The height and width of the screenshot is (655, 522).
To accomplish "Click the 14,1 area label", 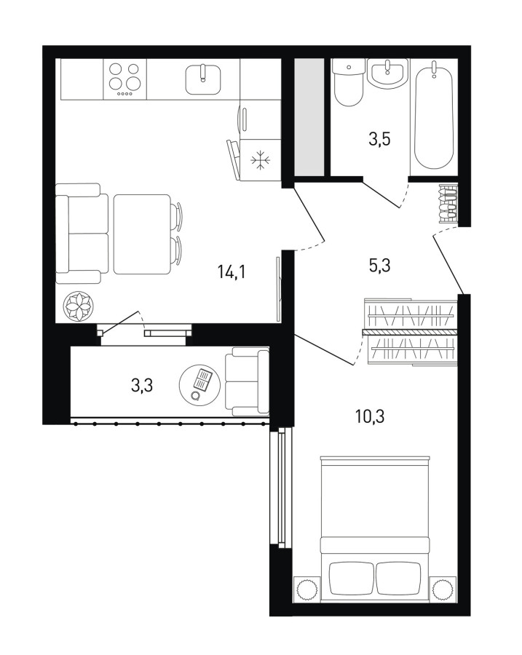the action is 231,272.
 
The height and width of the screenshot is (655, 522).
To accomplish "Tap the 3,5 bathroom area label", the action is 379,139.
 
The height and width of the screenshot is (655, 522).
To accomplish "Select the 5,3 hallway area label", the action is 379,265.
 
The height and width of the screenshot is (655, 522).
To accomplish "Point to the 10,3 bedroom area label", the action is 371,416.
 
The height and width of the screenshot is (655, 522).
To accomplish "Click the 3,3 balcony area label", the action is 142,385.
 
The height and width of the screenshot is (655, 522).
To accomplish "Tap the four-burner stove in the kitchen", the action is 124,79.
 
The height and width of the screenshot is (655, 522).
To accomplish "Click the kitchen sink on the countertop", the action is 203,79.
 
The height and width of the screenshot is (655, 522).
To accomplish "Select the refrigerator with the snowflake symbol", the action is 261,160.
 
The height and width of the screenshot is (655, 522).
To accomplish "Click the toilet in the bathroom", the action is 348,82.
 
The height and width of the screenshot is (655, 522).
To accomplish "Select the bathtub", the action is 434,115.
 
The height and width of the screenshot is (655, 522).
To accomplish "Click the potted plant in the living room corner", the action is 79,306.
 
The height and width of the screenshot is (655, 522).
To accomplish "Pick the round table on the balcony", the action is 199,385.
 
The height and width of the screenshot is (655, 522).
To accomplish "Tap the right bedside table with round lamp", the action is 443,589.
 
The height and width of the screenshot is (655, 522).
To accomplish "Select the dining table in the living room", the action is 142,234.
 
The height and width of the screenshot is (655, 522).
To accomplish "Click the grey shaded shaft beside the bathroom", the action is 309,117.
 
